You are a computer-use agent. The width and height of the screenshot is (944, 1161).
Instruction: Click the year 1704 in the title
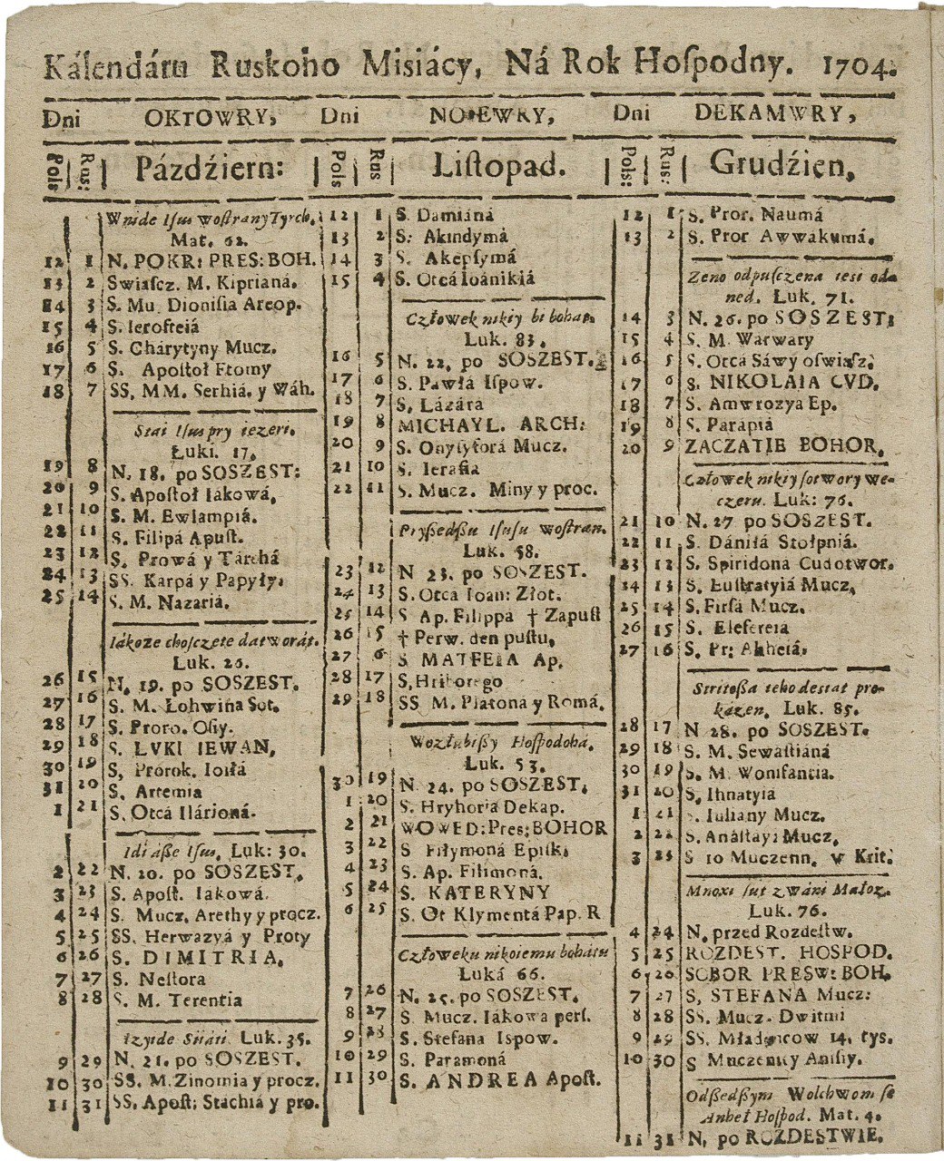coord(857,66)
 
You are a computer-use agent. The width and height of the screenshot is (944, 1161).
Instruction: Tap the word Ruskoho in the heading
coord(275,66)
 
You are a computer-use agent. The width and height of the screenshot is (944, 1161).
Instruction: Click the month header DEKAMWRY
coord(774,114)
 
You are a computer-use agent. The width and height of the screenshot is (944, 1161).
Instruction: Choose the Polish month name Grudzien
coord(782,165)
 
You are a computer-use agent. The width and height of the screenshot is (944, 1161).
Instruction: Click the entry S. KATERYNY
coord(475,892)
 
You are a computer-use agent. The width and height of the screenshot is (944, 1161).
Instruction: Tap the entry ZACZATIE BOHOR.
coord(783,446)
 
